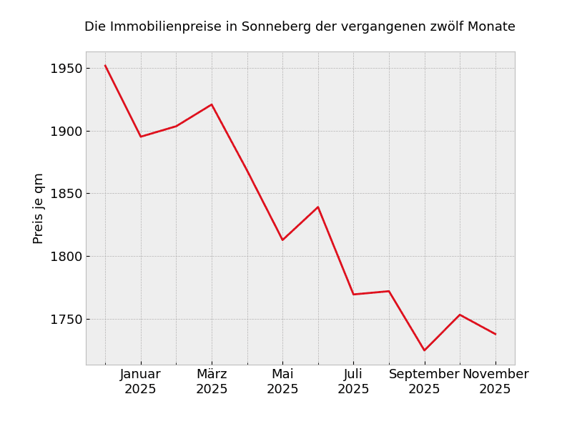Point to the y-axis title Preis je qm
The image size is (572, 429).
coord(39,208)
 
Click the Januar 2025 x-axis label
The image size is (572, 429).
coord(140,382)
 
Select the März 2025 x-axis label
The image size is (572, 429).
coord(212,382)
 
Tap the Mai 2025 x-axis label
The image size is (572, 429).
coord(282,382)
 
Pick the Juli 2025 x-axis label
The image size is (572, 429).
coord(353,382)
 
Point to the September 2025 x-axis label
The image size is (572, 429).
coord(424,382)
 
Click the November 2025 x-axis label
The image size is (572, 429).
coord(495,382)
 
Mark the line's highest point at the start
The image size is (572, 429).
coord(105,66)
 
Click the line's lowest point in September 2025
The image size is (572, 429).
coord(424,350)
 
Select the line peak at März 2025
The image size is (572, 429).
coord(212,104)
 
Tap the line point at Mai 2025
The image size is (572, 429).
coord(282,240)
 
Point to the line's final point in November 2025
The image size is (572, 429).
coord(495,334)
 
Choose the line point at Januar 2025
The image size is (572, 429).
coord(141,137)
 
